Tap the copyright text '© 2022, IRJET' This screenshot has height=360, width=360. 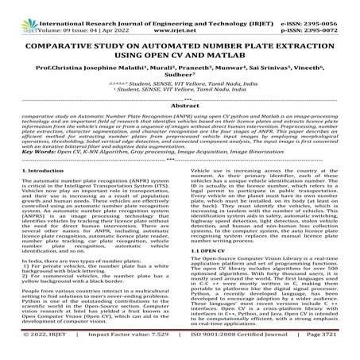34,353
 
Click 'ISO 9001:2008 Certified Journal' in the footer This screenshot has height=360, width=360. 252,353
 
